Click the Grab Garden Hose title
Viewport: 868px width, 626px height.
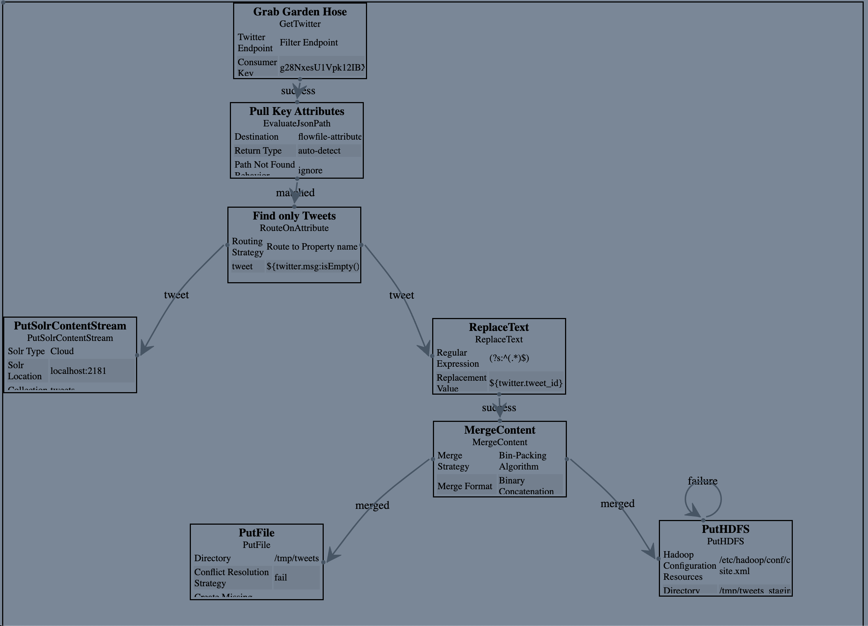pyautogui.click(x=300, y=12)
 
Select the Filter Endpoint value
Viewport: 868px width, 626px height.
pyautogui.click(x=308, y=43)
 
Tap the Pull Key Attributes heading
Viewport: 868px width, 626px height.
pyautogui.click(x=296, y=111)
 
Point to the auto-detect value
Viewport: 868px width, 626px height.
pyautogui.click(x=319, y=151)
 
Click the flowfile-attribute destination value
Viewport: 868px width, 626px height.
pyautogui.click(x=329, y=136)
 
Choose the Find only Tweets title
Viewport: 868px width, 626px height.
pyautogui.click(x=294, y=216)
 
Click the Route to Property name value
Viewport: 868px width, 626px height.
pyautogui.click(x=312, y=246)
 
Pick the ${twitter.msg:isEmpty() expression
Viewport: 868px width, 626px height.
pyautogui.click(x=313, y=266)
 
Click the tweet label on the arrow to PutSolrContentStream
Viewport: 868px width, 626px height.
pyautogui.click(x=176, y=295)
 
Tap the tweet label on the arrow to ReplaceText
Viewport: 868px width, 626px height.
pyautogui.click(x=401, y=295)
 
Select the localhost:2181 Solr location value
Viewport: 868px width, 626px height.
pyautogui.click(x=78, y=371)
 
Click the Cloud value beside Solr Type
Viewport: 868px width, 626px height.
pyautogui.click(x=62, y=351)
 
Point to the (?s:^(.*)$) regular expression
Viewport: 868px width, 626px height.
pyautogui.click(x=509, y=358)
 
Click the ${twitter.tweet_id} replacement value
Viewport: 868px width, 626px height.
pyautogui.click(x=525, y=383)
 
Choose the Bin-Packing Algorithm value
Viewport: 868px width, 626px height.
pyautogui.click(x=522, y=461)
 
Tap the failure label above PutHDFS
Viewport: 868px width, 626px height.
pyautogui.click(x=702, y=481)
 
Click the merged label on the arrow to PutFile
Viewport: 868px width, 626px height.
pyautogui.click(x=372, y=505)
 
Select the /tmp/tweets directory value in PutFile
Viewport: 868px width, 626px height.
pyautogui.click(x=296, y=558)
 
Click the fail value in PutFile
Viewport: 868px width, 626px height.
pyautogui.click(x=280, y=577)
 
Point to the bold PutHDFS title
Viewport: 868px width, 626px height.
pyautogui.click(x=725, y=529)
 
